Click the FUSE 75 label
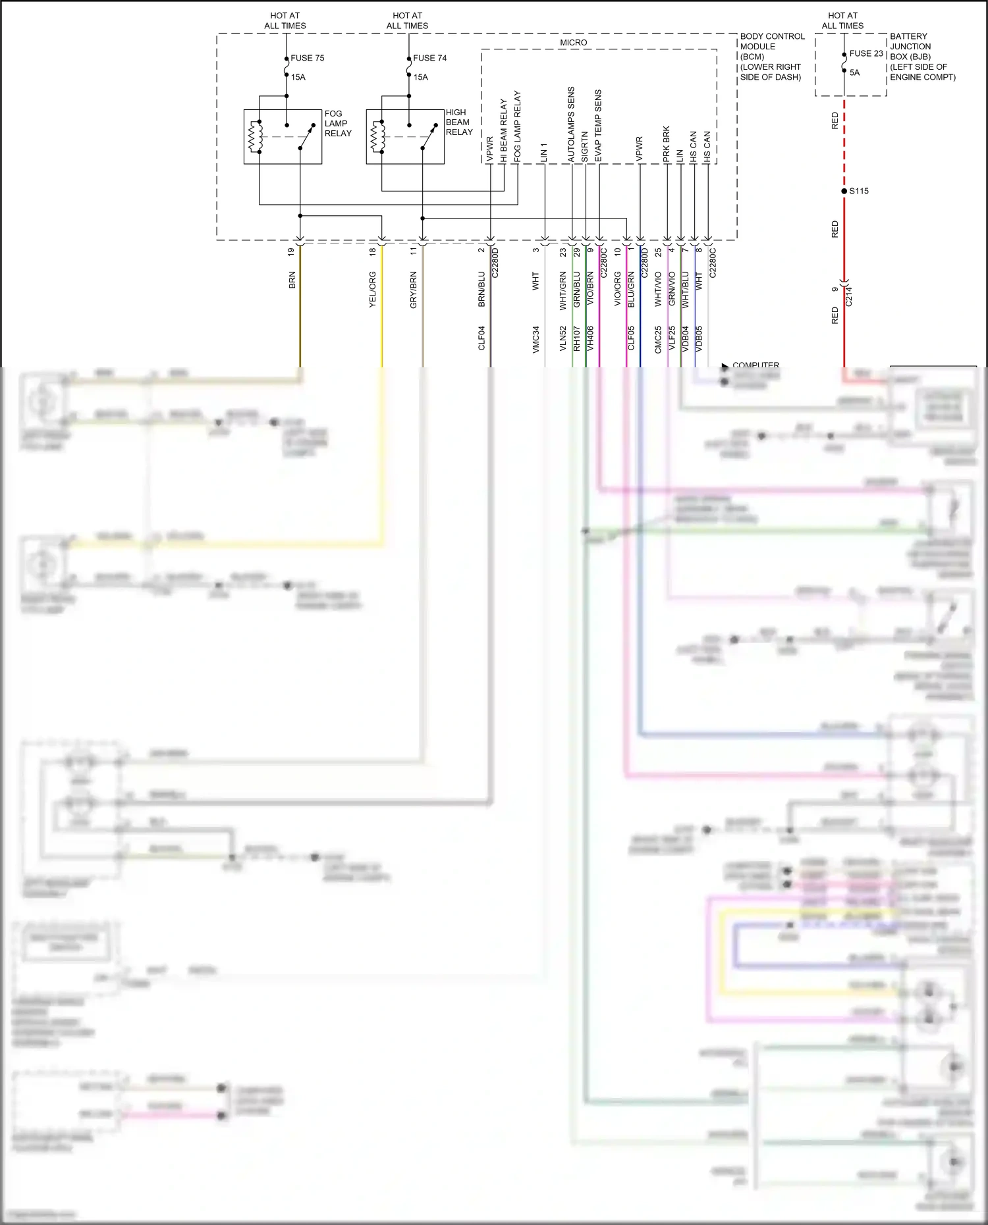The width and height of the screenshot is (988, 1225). [307, 58]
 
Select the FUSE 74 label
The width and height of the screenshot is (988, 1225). [429, 58]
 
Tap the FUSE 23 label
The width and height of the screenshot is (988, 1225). [865, 53]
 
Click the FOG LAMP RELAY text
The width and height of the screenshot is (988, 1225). [338, 123]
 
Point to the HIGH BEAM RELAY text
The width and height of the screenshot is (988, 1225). [459, 122]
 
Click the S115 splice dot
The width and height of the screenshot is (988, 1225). [844, 191]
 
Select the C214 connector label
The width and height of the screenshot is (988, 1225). [849, 296]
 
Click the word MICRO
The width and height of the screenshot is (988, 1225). [573, 42]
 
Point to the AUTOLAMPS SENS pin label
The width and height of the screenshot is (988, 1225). [571, 124]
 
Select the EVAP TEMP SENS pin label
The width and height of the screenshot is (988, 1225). [598, 125]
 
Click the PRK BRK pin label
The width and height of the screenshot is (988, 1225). [667, 144]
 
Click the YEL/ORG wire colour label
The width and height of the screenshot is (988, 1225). [372, 289]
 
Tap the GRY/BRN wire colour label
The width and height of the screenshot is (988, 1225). [414, 290]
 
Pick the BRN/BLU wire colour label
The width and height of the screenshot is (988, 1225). [481, 289]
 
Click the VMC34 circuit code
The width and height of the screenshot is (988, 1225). [535, 340]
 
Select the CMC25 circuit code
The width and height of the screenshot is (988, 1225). [658, 340]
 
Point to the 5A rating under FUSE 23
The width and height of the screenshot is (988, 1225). [854, 72]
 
